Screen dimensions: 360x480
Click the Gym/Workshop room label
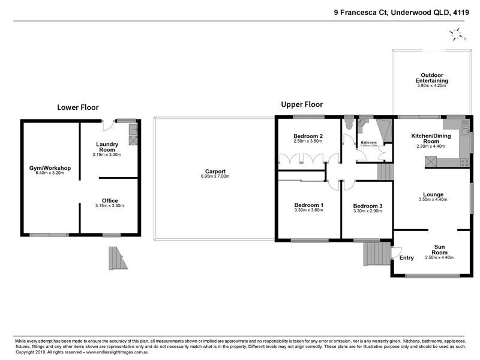[x=50, y=168]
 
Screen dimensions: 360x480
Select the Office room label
[x=110, y=200]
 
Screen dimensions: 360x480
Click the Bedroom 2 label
[x=308, y=136]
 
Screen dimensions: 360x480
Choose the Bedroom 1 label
[x=308, y=205]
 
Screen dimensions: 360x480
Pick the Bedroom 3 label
[x=367, y=205]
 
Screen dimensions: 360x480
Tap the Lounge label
[x=433, y=194]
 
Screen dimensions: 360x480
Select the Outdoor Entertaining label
[x=433, y=78]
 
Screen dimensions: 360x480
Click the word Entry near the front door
[x=407, y=258]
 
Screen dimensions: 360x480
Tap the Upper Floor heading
[x=302, y=104]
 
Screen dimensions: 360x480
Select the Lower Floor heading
[x=77, y=107]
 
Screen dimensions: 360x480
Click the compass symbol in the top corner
[x=459, y=34]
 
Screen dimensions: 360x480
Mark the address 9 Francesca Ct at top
[x=360, y=11]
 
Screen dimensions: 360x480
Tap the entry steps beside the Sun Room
[x=376, y=253]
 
